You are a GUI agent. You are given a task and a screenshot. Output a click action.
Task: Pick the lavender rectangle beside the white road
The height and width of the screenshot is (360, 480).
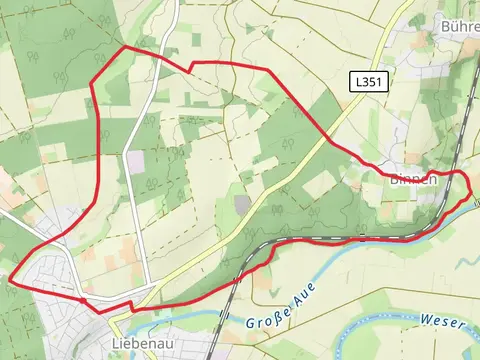(135, 161)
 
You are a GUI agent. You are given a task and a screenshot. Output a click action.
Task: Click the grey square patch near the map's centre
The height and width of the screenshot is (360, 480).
(243, 203)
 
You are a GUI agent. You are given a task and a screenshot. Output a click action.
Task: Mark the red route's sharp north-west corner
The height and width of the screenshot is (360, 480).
(124, 47)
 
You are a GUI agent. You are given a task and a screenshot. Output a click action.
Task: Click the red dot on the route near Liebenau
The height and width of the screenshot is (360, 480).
(81, 298)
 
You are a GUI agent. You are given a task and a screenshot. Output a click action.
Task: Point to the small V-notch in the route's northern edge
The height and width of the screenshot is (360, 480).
(190, 67)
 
